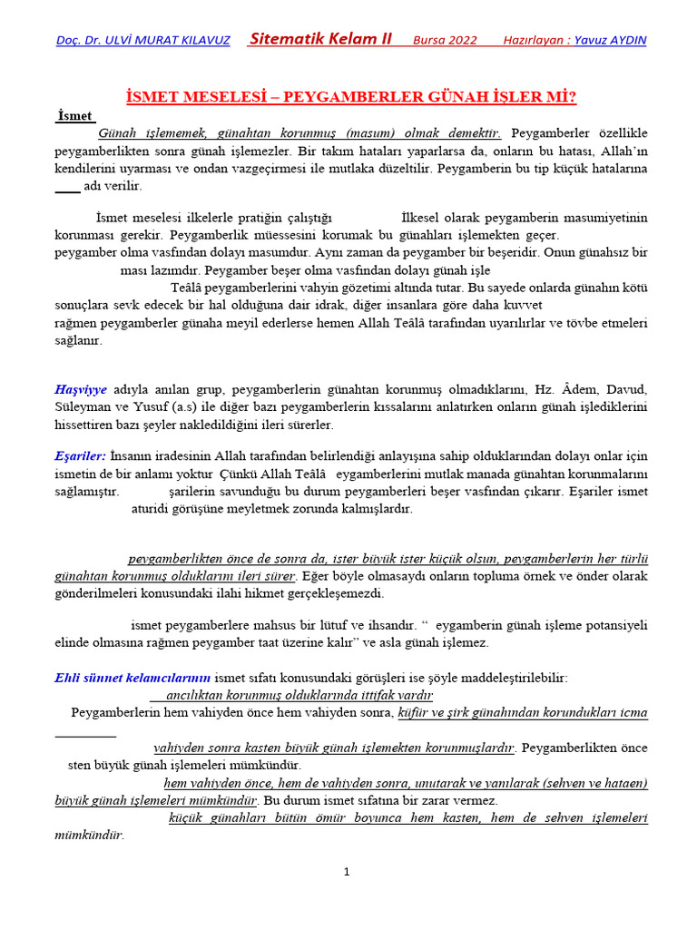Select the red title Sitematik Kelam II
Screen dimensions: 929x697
(x=320, y=39)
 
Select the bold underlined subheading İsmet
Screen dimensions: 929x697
(x=75, y=116)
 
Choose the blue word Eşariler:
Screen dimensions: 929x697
(x=80, y=456)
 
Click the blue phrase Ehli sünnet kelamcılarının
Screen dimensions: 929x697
(x=133, y=678)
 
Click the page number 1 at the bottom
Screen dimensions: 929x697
(x=346, y=873)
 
